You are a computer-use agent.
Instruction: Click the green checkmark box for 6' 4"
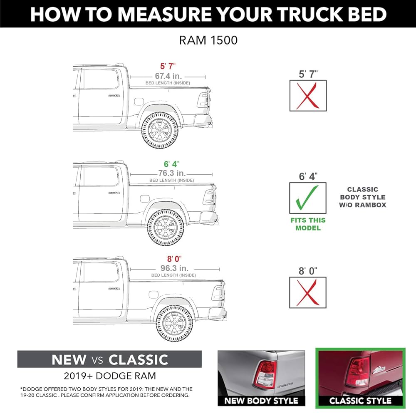(308, 198)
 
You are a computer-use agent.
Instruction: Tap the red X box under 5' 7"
(308, 96)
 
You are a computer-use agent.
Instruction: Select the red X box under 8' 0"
(308, 292)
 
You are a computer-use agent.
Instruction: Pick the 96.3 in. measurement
(174, 268)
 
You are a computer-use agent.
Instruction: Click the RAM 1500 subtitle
(208, 40)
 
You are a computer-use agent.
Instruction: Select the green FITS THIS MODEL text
(308, 224)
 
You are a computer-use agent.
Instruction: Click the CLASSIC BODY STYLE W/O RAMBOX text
(363, 197)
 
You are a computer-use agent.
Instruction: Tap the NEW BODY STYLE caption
(261, 401)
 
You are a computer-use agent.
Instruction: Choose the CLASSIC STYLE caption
(360, 401)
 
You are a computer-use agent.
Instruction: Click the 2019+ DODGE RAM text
(110, 376)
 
